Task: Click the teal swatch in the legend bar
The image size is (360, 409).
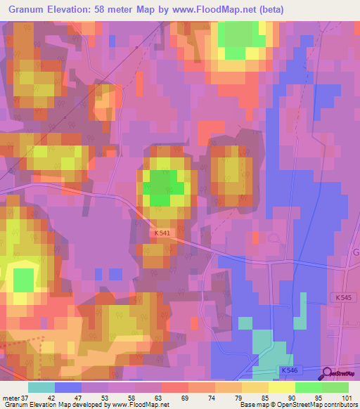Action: pyautogui.click(x=41, y=387)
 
